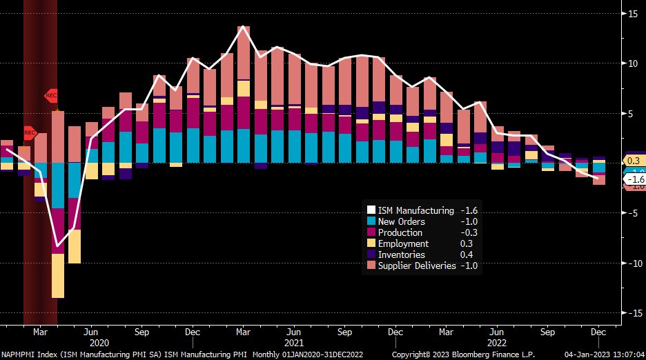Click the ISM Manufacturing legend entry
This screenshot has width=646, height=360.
point(415,210)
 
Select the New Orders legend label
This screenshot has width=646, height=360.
point(402,221)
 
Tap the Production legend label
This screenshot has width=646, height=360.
point(401,232)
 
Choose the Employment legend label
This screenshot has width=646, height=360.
point(403,243)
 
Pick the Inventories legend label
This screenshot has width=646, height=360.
point(402,254)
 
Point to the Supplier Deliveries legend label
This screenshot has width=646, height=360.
point(417,266)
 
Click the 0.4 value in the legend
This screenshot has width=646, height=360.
point(467,254)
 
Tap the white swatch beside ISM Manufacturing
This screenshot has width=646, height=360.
point(371,210)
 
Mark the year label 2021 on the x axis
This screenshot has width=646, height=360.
point(293,342)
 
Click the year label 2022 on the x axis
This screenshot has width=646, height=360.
point(496,342)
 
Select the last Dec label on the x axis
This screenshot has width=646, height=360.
point(598,332)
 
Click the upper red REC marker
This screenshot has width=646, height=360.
point(52,95)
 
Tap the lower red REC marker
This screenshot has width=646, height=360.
point(30,132)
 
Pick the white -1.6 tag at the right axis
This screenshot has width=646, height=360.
point(634,179)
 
